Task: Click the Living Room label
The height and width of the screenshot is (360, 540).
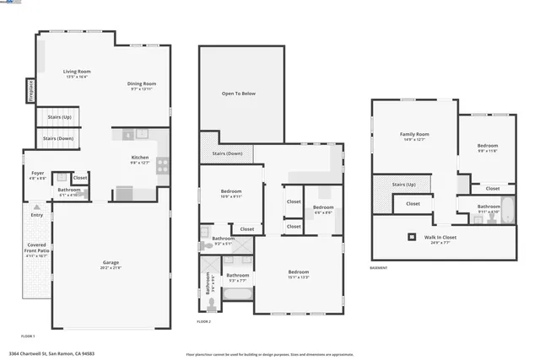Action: coord(77,73)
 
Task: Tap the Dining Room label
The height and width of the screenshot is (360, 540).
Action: coord(142,84)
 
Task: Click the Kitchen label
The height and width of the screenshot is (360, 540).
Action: coord(140,159)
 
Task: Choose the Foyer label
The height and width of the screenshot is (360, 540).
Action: coord(38,174)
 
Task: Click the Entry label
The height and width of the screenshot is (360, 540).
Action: coord(37,215)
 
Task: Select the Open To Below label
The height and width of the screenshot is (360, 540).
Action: coord(238,94)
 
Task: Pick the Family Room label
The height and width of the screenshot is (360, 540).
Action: coord(414,135)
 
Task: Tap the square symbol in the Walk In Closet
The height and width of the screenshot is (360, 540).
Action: coord(413,237)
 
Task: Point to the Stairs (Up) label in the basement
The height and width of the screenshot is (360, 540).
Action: coord(405,184)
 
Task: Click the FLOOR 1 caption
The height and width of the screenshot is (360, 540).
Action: coord(28,336)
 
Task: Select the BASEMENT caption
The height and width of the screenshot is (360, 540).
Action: coord(379,268)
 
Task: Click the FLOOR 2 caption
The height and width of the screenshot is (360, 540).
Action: coord(204,321)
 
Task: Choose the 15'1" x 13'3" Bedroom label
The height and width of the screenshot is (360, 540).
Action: coord(299,273)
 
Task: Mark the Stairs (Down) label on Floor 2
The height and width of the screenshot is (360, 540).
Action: coord(227,153)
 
